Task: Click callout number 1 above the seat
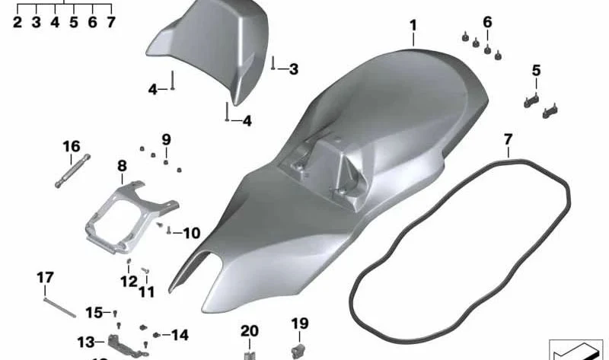(x=413, y=26)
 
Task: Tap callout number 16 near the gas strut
(x=72, y=146)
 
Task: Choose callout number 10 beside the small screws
(x=192, y=233)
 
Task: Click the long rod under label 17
(x=60, y=307)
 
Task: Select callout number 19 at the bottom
(x=300, y=323)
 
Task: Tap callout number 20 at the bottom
(x=250, y=331)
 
